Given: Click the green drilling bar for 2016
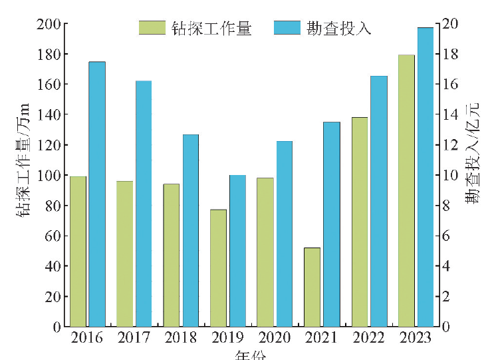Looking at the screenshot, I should click(78, 252).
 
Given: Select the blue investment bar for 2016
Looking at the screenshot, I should click(97, 194).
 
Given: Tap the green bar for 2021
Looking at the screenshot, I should click(312, 287).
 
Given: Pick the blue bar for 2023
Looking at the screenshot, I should click(425, 177).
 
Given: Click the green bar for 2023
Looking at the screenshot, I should click(406, 190).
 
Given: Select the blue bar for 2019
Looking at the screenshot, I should click(237, 251).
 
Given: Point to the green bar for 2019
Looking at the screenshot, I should click(218, 268).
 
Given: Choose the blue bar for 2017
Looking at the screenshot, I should click(144, 204).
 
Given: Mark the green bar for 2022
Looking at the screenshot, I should click(359, 222).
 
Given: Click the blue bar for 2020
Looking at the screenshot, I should click(285, 234).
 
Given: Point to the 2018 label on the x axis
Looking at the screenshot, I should click(180, 338).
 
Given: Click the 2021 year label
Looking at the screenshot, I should click(321, 338).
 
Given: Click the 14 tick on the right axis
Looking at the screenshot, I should click(449, 114).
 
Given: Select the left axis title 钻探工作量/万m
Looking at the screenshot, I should click(23, 160).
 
